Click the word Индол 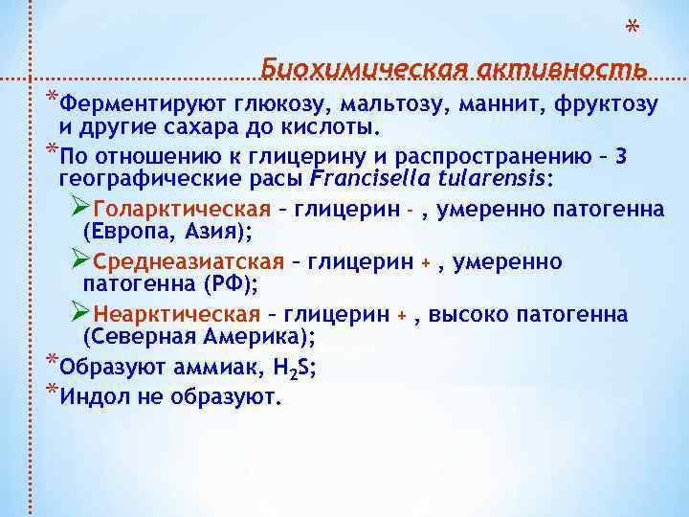click(x=93, y=396)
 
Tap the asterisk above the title click(x=633, y=26)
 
